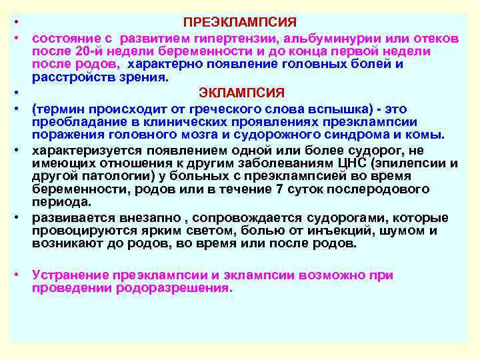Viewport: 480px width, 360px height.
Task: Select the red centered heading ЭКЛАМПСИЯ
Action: pos(242,92)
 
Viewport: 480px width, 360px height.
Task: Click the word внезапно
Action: pos(129,218)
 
